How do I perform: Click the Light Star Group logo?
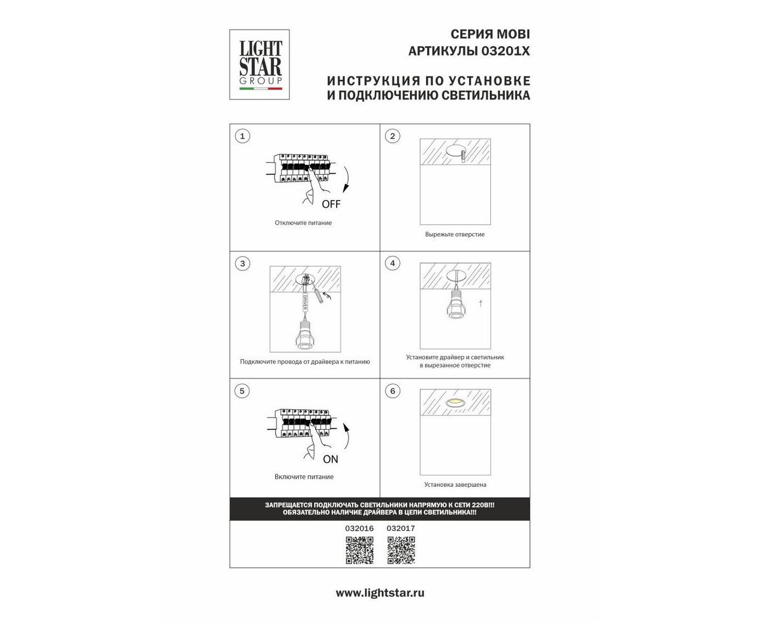259,64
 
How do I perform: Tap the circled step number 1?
242,136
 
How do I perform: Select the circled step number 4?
393,263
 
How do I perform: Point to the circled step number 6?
393,391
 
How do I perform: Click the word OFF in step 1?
331,204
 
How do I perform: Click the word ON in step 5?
331,459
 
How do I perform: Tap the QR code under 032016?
359,550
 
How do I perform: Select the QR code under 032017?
401,550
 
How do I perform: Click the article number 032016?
359,528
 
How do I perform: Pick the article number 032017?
401,528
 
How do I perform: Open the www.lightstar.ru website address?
380,593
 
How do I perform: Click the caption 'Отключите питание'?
303,223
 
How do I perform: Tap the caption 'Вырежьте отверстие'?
455,235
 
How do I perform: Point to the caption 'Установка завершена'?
455,485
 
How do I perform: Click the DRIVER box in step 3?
305,302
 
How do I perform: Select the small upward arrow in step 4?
480,304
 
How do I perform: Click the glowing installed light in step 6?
455,402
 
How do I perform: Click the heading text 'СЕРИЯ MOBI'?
490,34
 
